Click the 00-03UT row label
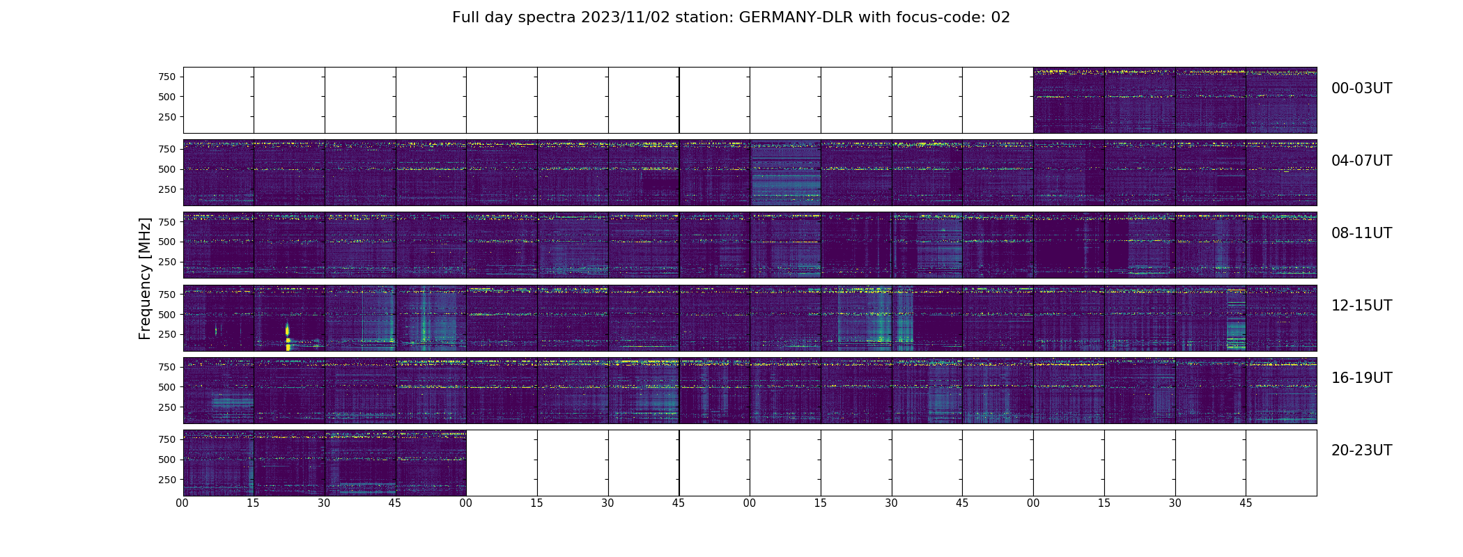click(x=1361, y=88)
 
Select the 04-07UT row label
click(x=1361, y=161)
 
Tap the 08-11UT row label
click(x=1361, y=233)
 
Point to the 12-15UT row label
click(x=1361, y=306)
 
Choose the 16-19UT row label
click(x=1361, y=378)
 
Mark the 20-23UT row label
click(x=1361, y=450)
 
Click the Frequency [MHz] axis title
click(x=145, y=278)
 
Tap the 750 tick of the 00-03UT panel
click(x=167, y=77)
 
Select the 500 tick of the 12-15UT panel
click(x=167, y=315)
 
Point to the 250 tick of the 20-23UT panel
click(x=167, y=480)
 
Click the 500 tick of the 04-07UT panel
click(x=167, y=169)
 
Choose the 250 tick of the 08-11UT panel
click(x=167, y=262)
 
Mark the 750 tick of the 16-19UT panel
click(x=167, y=367)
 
